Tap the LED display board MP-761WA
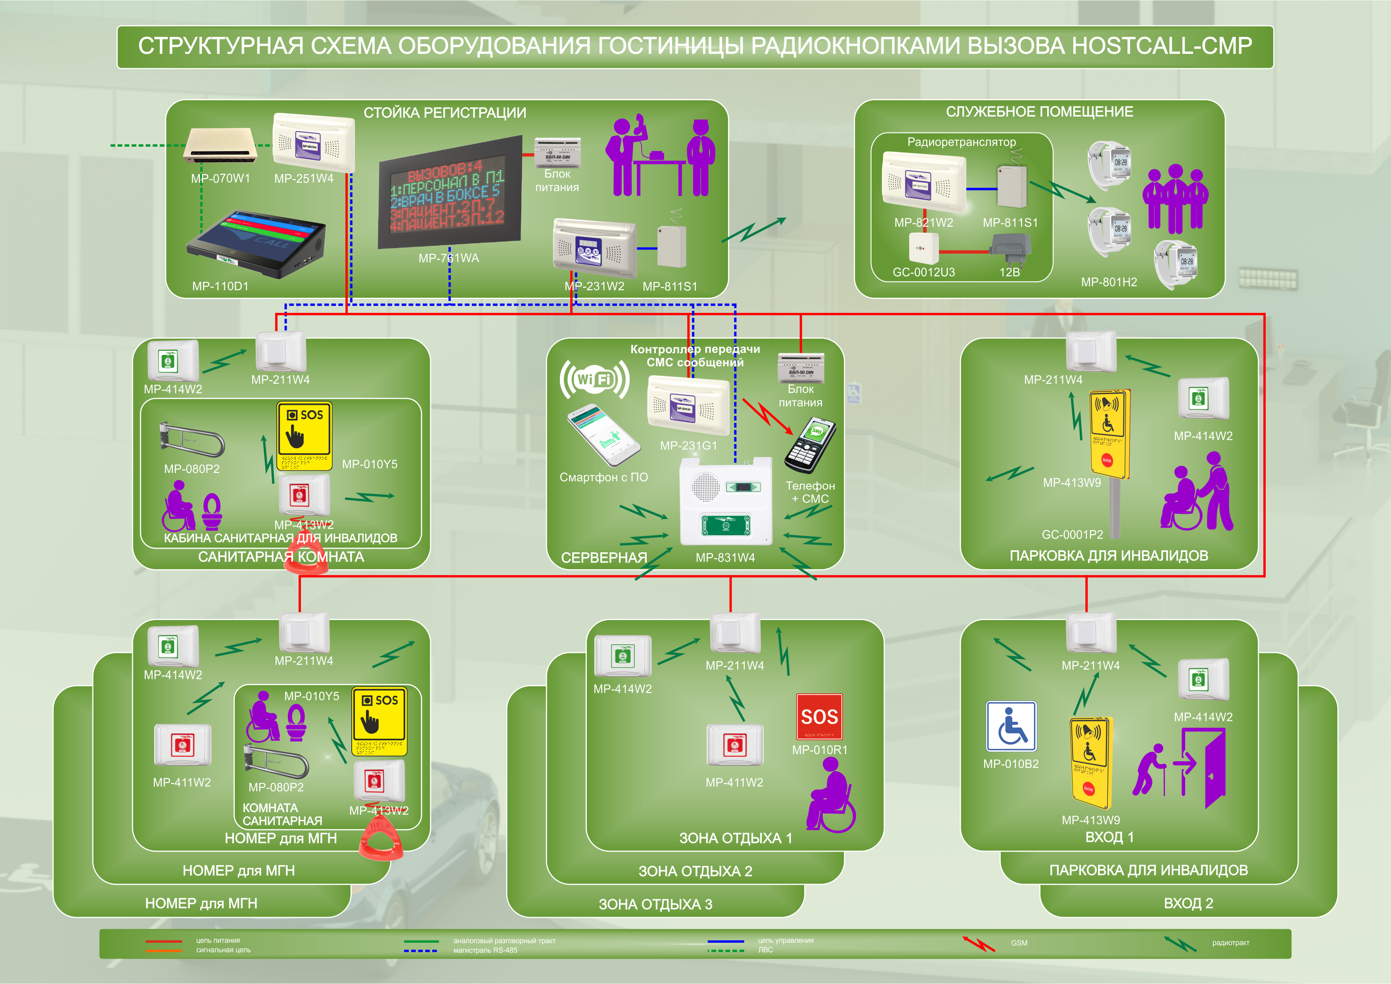pyautogui.click(x=450, y=193)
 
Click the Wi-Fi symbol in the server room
pyautogui.click(x=594, y=380)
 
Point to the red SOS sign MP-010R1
pyautogui.click(x=819, y=717)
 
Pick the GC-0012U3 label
pyautogui.click(x=923, y=272)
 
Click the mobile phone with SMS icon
pyautogui.click(x=810, y=445)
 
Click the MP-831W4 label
pyautogui.click(x=725, y=557)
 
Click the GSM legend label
pyautogui.click(x=1019, y=943)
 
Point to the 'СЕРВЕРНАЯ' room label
pyautogui.click(x=604, y=557)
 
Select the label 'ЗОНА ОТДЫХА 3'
pyautogui.click(x=655, y=904)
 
